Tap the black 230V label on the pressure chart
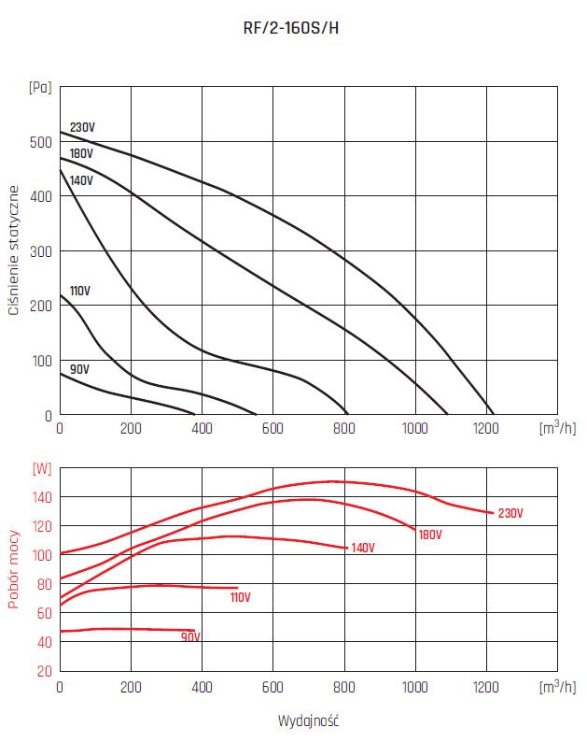(83, 128)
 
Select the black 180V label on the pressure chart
(82, 153)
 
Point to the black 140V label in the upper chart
(82, 179)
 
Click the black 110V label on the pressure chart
(79, 291)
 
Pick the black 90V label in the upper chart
(80, 369)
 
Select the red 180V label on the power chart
(429, 535)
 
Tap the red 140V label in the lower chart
(362, 548)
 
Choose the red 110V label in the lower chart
(242, 597)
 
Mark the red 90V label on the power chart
(190, 637)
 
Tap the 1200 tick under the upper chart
(486, 429)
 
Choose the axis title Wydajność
(305, 722)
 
